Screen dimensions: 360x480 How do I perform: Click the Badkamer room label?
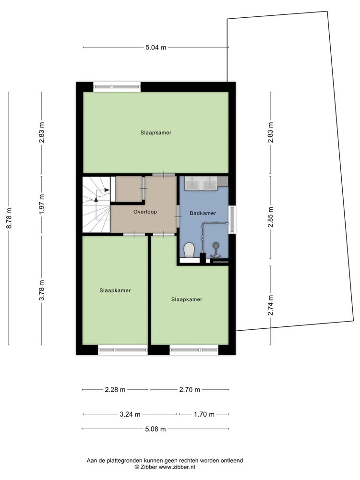tap(203, 213)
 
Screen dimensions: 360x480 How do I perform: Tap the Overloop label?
tap(145, 212)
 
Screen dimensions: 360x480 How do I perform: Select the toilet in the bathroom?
tap(190, 250)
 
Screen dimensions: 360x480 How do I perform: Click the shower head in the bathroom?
tap(216, 245)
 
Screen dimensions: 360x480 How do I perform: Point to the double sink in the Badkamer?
tap(201, 183)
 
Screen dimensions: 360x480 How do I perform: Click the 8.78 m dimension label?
tap(9, 218)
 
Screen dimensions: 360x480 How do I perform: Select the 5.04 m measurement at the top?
tap(156, 48)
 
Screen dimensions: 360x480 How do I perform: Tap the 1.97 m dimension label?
tap(42, 204)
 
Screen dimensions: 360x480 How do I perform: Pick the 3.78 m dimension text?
tap(42, 290)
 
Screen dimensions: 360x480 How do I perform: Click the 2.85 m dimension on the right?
tap(270, 217)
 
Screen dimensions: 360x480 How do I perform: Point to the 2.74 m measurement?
tap(270, 305)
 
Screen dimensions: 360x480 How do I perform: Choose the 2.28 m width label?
tap(115, 390)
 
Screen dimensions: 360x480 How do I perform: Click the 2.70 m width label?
tap(190, 390)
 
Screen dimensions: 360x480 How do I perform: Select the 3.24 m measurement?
tap(130, 414)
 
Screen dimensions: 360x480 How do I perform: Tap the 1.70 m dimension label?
tap(204, 414)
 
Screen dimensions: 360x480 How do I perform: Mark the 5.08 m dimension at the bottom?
tap(156, 429)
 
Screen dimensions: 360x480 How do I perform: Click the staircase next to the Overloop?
tap(96, 204)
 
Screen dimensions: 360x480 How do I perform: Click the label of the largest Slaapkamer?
tap(156, 133)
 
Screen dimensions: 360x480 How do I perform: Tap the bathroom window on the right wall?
tap(232, 218)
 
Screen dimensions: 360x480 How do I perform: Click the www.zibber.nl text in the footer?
tap(177, 467)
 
